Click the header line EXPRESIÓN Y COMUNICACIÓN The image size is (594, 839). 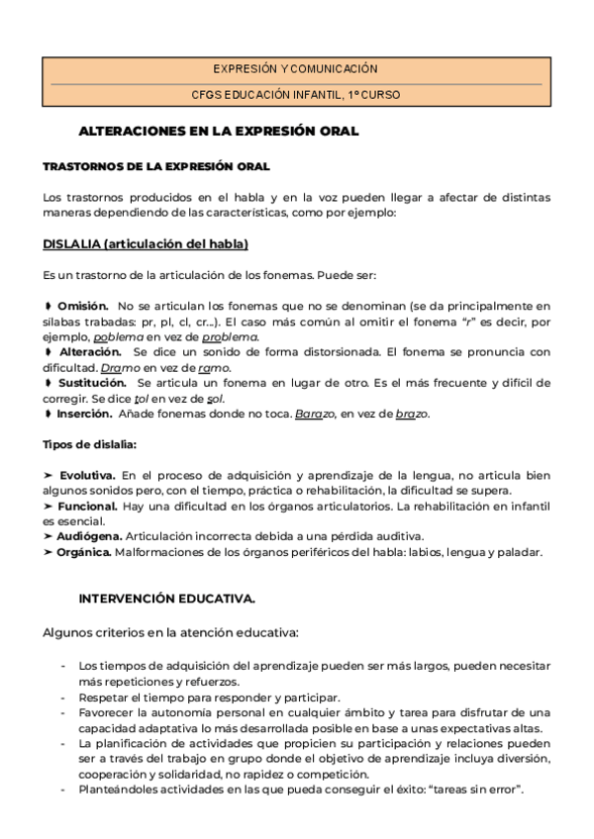(295, 69)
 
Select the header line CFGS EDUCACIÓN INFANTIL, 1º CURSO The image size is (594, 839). (295, 95)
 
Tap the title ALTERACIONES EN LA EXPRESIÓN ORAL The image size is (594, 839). (218, 131)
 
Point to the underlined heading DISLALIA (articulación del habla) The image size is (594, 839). (146, 243)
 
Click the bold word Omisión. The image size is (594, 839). (82, 307)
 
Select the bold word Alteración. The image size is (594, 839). (89, 351)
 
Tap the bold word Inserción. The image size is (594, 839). (84, 413)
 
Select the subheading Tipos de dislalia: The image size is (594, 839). (90, 444)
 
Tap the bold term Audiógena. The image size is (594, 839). (90, 536)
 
